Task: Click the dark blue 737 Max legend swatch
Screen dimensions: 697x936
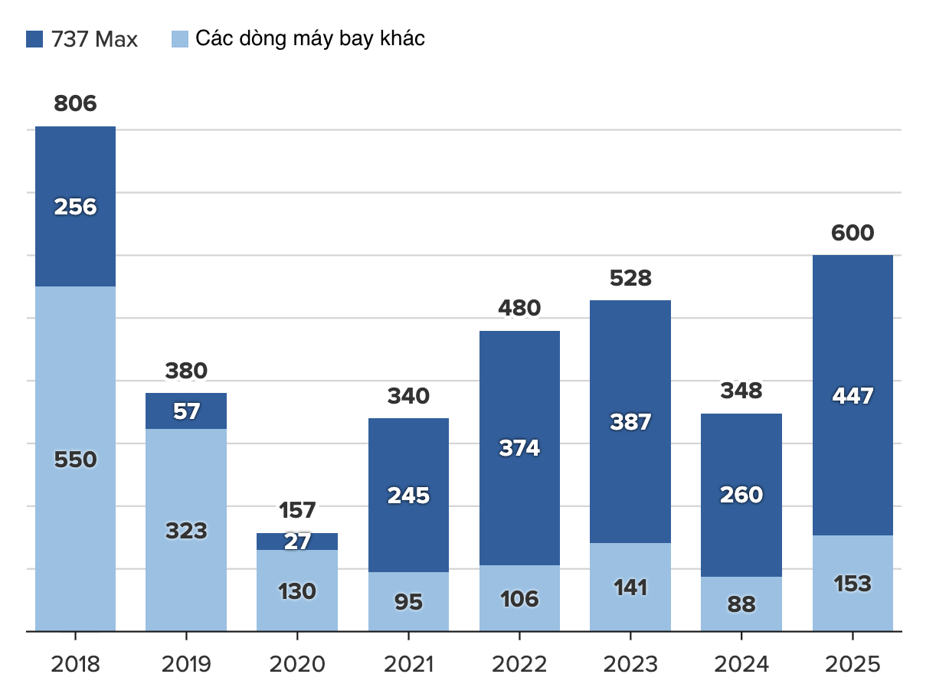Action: [x=34, y=39]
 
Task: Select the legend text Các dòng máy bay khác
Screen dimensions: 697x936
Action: [x=309, y=38]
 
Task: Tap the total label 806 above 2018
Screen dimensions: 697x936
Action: [x=76, y=103]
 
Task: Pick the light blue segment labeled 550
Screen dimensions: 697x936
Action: [x=76, y=460]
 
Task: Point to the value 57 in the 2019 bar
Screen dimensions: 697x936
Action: [x=186, y=411]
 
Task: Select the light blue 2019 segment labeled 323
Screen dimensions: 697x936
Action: [x=186, y=530]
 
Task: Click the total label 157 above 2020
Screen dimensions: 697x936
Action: [x=297, y=509]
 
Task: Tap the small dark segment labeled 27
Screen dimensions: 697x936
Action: [x=297, y=542]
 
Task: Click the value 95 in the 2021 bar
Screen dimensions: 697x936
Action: [x=408, y=602]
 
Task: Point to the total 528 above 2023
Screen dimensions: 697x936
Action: [x=630, y=278]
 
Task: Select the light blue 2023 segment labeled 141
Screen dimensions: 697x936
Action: [x=630, y=587]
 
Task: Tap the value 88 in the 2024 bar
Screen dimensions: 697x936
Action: [x=741, y=604]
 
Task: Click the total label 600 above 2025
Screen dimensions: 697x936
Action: [x=853, y=233]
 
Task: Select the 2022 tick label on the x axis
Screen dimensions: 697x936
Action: [x=519, y=664]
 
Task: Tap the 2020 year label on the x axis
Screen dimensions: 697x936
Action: [x=297, y=664]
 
